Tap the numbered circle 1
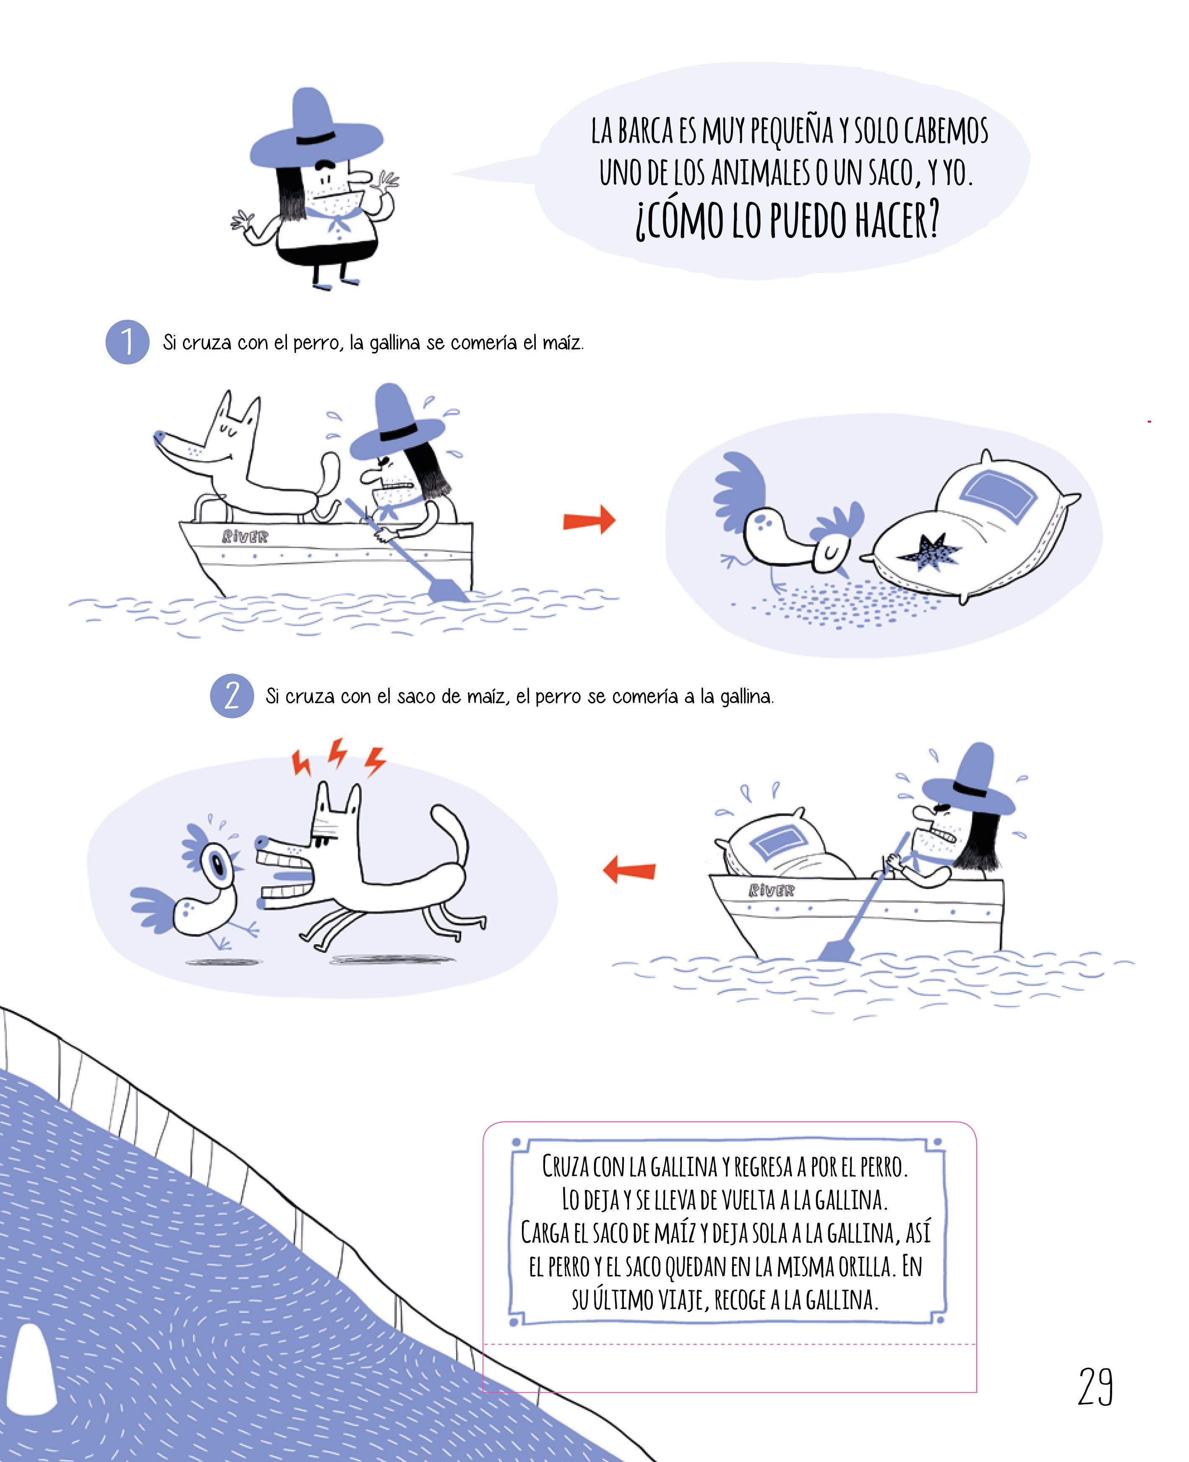(x=128, y=342)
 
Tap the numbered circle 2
(x=232, y=696)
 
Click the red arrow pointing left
(x=629, y=870)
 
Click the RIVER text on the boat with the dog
(x=245, y=536)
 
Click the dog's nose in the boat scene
(x=159, y=435)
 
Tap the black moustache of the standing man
(x=326, y=164)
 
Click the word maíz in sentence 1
(x=562, y=342)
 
